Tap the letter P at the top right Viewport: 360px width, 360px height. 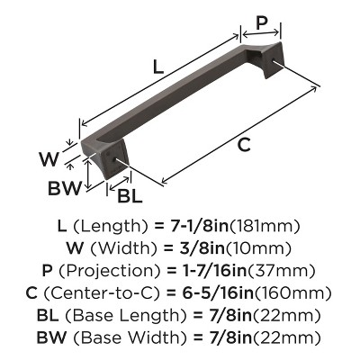coord(261,23)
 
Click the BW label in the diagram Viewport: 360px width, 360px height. coord(66,189)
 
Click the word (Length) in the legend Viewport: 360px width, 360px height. coord(112,227)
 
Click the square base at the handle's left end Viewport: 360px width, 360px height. coord(95,160)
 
